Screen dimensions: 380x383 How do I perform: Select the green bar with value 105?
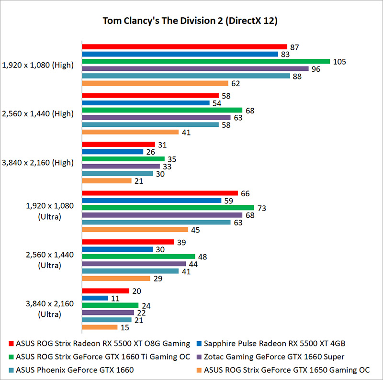(206, 61)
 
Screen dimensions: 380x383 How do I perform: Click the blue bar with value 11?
(95, 298)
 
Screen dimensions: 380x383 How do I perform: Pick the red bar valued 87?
(184, 47)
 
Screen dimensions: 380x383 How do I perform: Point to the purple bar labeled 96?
(195, 68)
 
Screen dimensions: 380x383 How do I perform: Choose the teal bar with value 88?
(186, 76)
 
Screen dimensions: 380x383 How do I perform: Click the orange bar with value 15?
(100, 327)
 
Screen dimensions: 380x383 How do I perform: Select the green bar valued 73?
(168, 208)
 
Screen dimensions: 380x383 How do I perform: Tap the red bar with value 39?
(128, 242)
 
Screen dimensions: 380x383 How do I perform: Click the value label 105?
(339, 62)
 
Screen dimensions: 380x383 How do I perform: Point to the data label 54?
(217, 103)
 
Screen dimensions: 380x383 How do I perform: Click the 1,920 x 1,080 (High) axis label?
(38, 65)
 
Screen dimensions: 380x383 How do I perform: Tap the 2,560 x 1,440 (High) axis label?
(38, 114)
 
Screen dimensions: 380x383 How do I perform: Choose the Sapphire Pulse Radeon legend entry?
(273, 343)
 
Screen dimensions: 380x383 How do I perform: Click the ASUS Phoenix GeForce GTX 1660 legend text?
(74, 369)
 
